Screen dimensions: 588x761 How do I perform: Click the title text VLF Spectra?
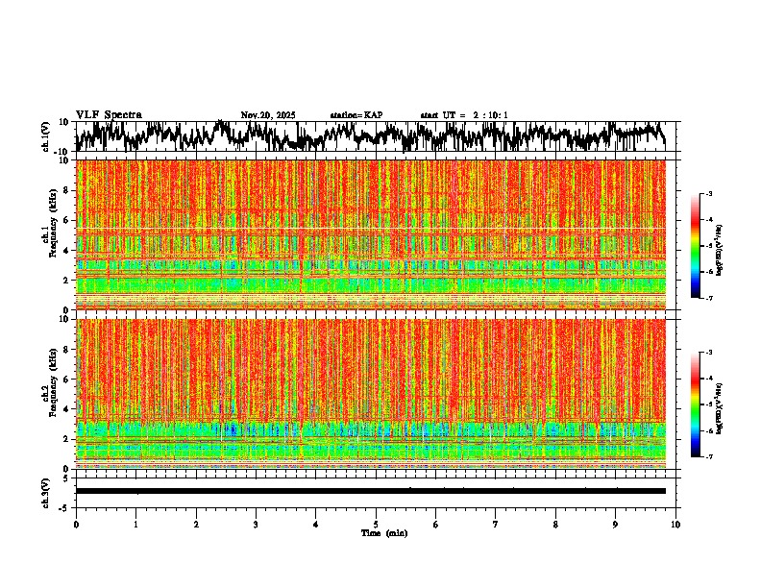[108, 115]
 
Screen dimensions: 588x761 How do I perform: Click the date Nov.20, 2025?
[268, 115]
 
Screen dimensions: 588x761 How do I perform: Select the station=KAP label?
[356, 115]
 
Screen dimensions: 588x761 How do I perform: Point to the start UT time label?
[464, 115]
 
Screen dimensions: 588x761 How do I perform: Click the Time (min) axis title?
[383, 533]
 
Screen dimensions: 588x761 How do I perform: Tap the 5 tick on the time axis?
[376, 525]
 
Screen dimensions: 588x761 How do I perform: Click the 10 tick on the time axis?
[675, 525]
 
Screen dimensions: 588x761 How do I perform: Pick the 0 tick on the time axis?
[76, 525]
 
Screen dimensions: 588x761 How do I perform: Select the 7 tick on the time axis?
[496, 525]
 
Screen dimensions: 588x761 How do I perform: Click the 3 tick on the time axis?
[256, 525]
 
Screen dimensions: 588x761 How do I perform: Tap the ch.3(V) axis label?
[47, 491]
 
